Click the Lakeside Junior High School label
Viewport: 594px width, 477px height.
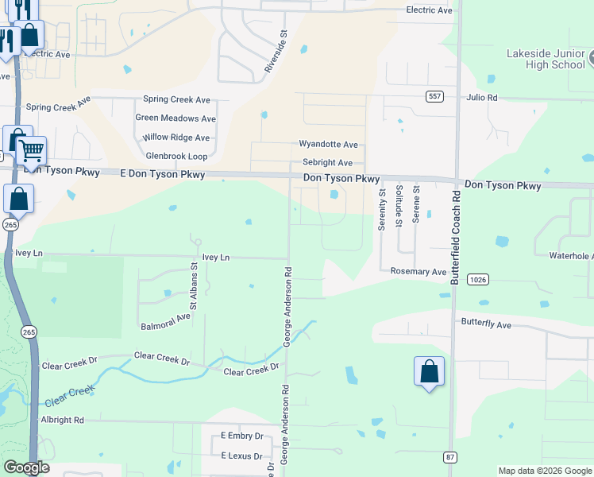pos(546,59)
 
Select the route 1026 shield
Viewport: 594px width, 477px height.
pos(477,279)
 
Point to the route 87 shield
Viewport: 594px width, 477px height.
pos(449,456)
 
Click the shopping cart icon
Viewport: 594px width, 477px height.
pos(31,149)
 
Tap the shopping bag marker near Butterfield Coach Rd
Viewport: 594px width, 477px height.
pos(429,371)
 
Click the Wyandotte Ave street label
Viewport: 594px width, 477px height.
pos(328,145)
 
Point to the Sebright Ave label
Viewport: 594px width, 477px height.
pos(327,162)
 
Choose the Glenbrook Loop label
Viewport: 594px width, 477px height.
pos(175,157)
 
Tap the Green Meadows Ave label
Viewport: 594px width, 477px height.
pos(175,118)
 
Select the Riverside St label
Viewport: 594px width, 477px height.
pos(276,52)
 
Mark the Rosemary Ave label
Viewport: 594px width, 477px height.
pos(418,271)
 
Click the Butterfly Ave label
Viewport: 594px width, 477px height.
pos(487,325)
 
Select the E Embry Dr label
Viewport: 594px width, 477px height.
pos(241,436)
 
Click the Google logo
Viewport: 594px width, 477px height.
pos(26,467)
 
